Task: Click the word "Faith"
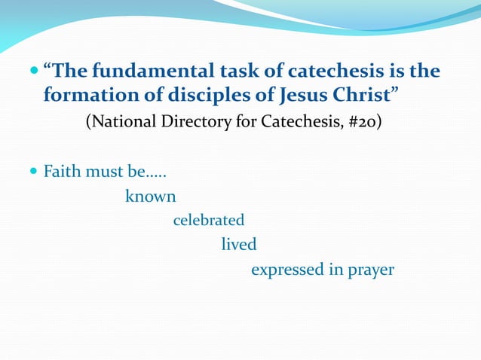pyautogui.click(x=62, y=172)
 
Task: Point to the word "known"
pyautogui.click(x=151, y=197)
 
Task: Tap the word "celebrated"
pyautogui.click(x=209, y=221)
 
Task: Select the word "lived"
pyautogui.click(x=239, y=245)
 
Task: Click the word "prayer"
pyautogui.click(x=371, y=270)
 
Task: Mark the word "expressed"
pyautogui.click(x=286, y=270)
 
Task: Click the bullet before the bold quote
pyautogui.click(x=35, y=72)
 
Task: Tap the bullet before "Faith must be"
pyautogui.click(x=35, y=172)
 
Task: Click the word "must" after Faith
pyautogui.click(x=100, y=172)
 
